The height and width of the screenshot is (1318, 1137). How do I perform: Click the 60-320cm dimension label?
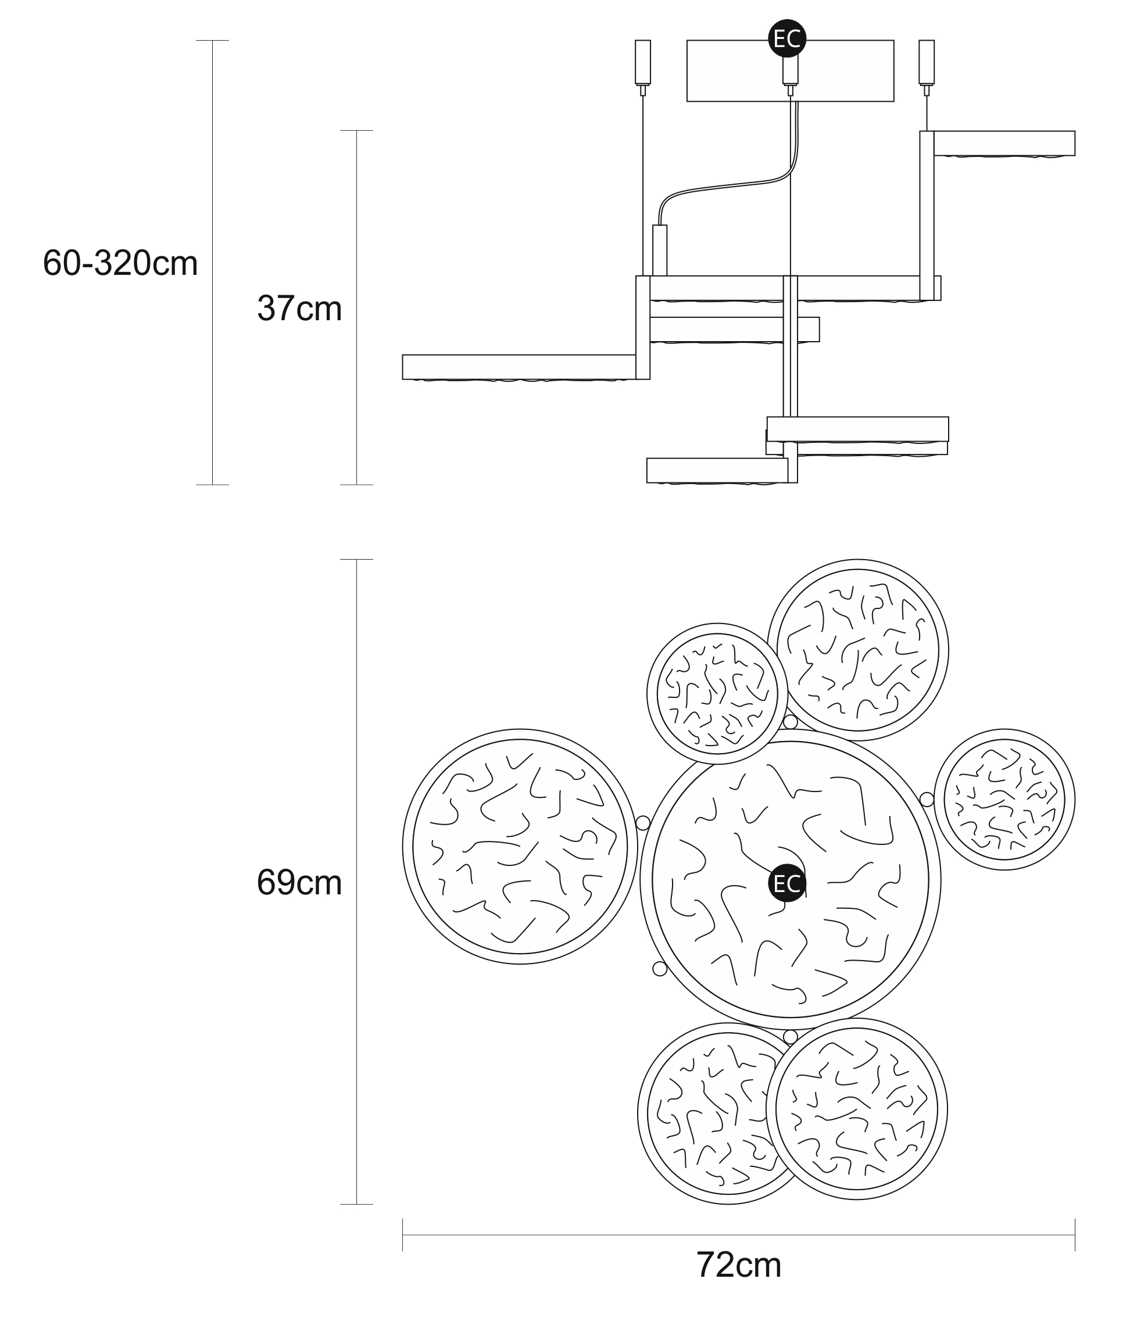coord(120,263)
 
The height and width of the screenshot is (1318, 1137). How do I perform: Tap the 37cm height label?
coord(299,309)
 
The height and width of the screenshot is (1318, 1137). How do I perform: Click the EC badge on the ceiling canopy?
coord(787,39)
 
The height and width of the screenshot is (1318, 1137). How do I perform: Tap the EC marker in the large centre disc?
coord(787,883)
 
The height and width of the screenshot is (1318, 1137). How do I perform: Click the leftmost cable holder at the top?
coord(643,62)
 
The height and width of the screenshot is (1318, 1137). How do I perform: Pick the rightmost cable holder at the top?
coord(927,62)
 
